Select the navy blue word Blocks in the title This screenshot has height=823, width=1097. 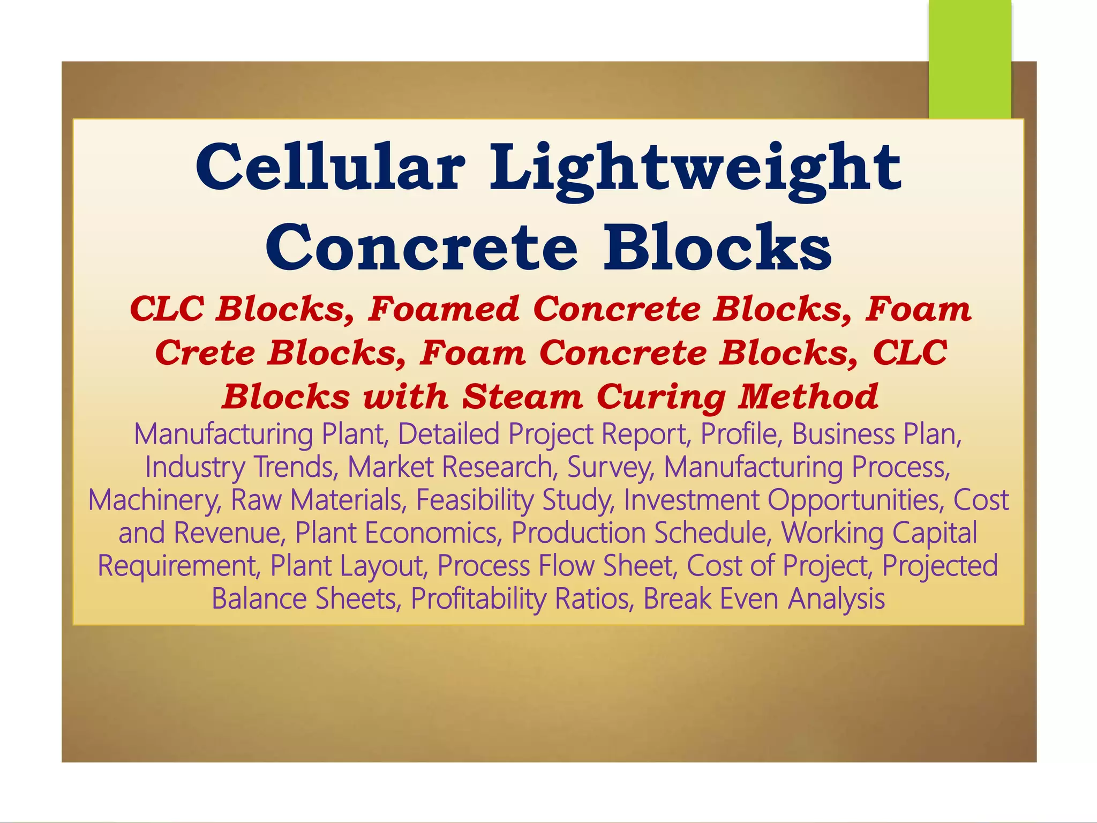coord(717,248)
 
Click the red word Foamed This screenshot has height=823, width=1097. coord(444,310)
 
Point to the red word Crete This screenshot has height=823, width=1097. coord(205,353)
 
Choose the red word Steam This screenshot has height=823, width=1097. coord(522,397)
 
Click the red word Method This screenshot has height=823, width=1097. coord(808,396)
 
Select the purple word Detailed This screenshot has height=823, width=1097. coord(449,433)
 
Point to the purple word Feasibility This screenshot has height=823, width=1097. coord(475,500)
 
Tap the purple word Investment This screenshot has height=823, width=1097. coord(691,499)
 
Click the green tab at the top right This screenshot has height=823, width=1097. coord(970,59)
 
